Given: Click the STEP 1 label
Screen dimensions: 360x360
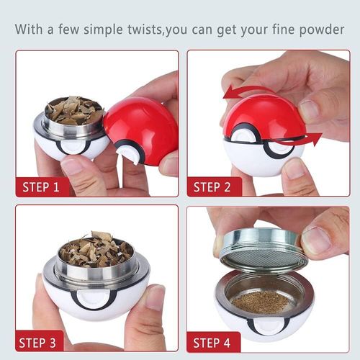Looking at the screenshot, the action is point(41,187).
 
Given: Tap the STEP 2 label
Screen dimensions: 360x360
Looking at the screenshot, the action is point(212,187).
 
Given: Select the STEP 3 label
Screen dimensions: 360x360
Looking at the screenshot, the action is point(37,343).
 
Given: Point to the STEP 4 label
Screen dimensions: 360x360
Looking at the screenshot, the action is point(212,343).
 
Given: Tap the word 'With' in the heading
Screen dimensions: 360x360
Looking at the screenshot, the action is point(29,30).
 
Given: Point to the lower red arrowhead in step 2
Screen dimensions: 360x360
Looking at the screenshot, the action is point(315,138).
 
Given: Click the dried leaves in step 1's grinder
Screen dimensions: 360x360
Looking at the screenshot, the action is point(74,110).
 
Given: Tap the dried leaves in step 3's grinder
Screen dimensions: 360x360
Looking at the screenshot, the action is point(96,251).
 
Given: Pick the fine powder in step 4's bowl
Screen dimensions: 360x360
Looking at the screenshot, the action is point(261,302).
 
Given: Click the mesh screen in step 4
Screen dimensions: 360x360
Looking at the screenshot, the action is point(261,258).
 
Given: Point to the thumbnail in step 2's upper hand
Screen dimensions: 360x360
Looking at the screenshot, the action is point(309,110).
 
